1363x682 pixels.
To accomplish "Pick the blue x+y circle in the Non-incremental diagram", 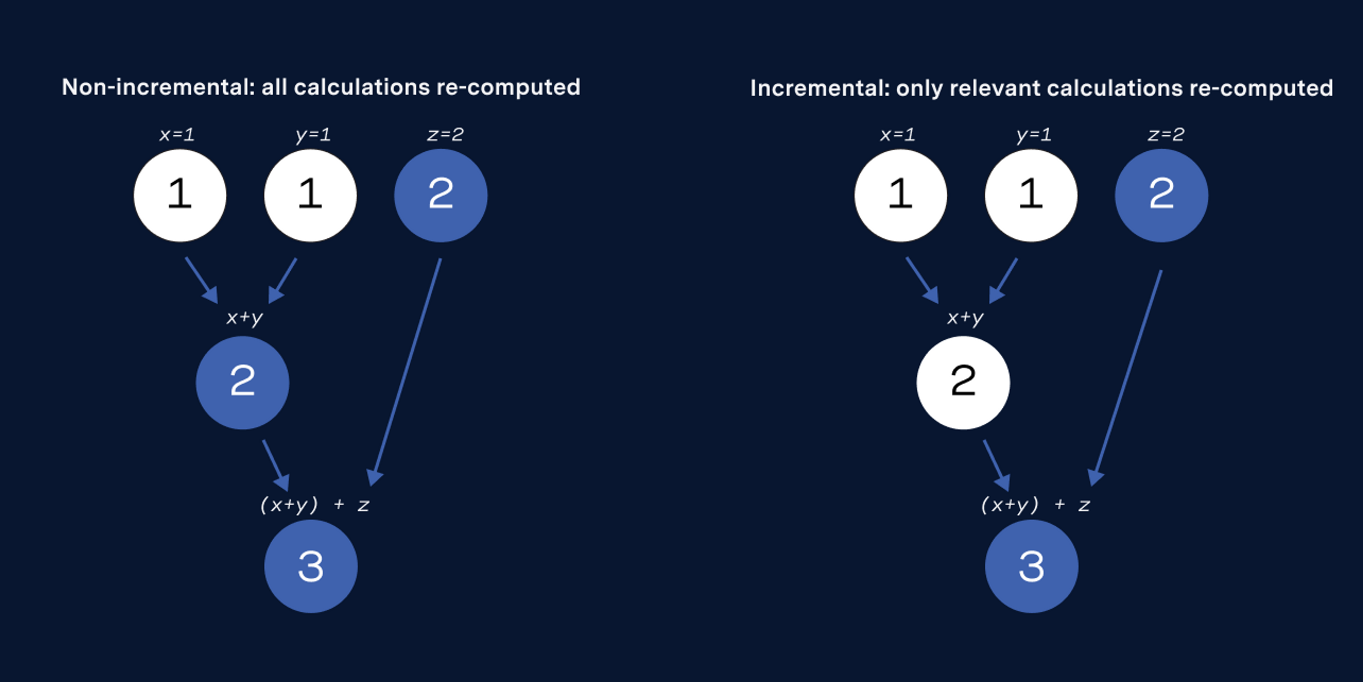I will click(x=242, y=382).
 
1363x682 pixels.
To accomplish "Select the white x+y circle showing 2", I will click(x=963, y=382).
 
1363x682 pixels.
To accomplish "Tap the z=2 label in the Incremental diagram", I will click(x=1166, y=135).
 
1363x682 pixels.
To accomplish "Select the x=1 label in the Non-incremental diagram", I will click(x=177, y=135).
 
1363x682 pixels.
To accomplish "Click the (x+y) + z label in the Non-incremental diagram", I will click(x=315, y=505).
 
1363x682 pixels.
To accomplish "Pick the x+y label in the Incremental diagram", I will click(x=965, y=318).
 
